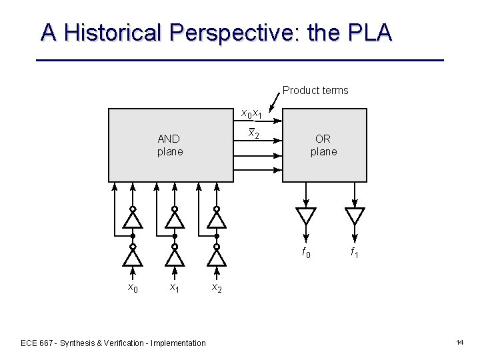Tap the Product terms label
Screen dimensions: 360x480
(x=315, y=90)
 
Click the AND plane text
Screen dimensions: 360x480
(x=169, y=145)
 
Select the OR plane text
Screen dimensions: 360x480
(x=323, y=145)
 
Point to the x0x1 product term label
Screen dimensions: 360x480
(x=251, y=114)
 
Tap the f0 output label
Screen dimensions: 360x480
(x=306, y=253)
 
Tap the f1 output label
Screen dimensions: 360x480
(x=355, y=253)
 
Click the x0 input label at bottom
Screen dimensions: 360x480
(x=133, y=287)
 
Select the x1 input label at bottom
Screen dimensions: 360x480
(x=175, y=287)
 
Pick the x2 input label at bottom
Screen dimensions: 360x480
(x=217, y=287)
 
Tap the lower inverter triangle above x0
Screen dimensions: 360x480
(x=133, y=257)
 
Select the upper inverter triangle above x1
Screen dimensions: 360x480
(x=175, y=219)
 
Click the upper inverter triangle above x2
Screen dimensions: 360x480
(x=217, y=219)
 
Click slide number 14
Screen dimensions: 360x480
(x=460, y=343)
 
